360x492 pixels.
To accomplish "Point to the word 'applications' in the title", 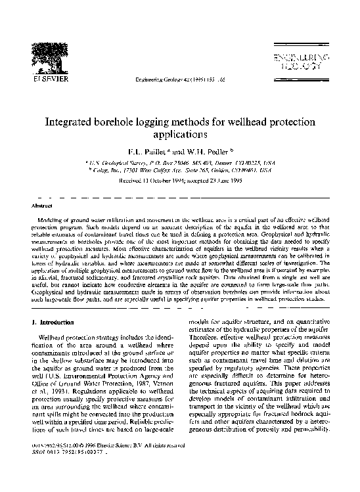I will (180, 135).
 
